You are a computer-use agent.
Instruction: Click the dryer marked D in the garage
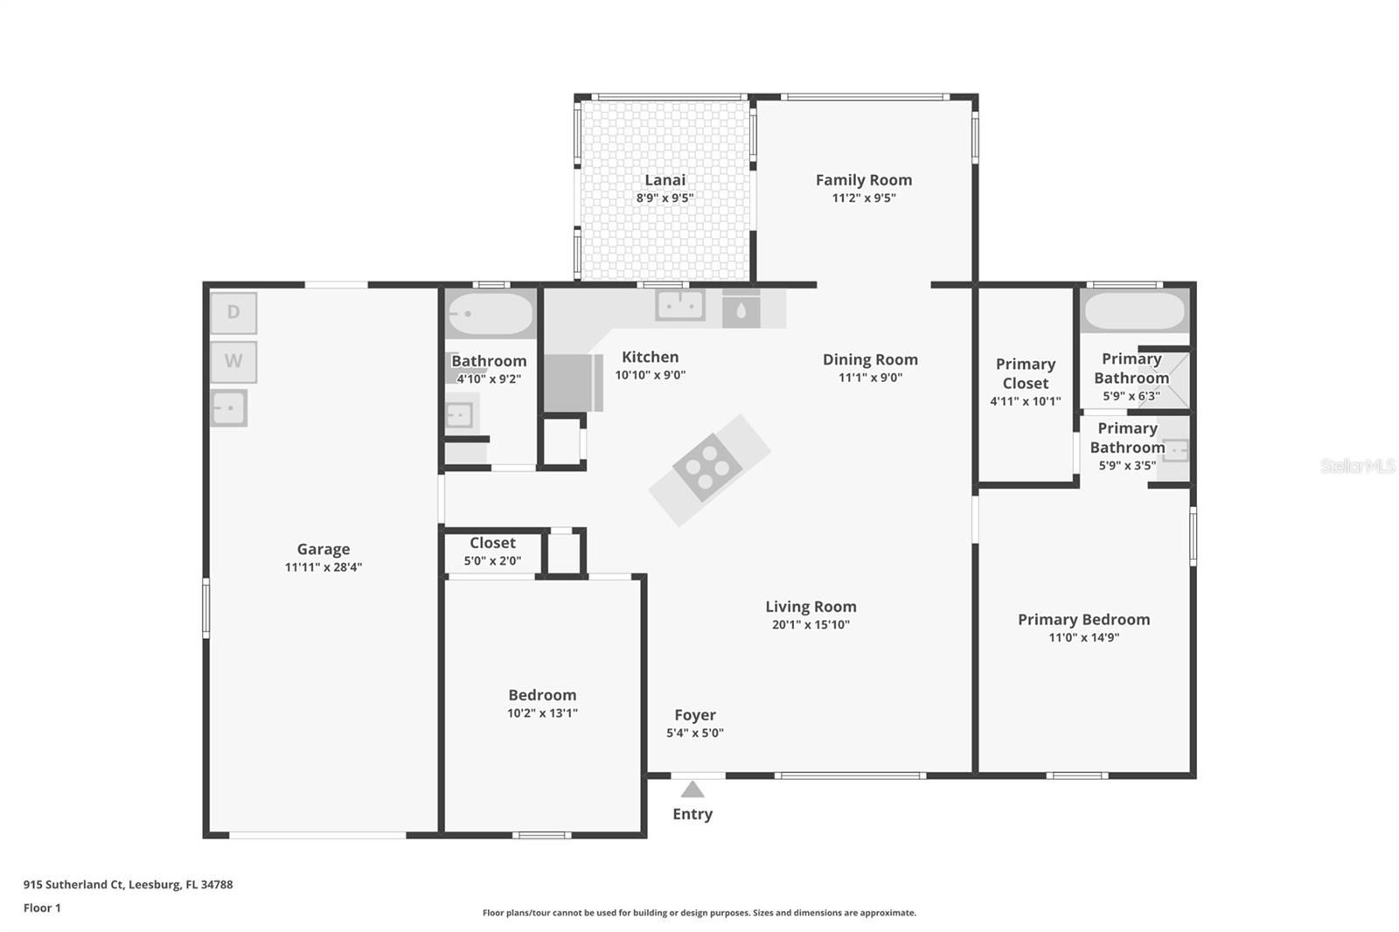coord(233,312)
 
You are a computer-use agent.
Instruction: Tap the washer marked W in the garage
coord(233,362)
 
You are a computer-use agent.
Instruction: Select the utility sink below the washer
coord(228,408)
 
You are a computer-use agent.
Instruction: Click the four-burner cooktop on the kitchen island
coord(707,467)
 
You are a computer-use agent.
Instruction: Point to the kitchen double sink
coord(680,305)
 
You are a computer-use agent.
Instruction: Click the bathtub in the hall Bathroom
coord(491,314)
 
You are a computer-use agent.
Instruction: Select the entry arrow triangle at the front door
coord(692,789)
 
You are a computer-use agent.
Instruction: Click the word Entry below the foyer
coord(692,814)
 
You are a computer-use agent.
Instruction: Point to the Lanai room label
coord(665,180)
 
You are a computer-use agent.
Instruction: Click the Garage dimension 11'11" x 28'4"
coord(324,567)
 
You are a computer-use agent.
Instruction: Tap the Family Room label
coord(864,180)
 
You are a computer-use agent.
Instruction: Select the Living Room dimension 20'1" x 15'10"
coord(811,624)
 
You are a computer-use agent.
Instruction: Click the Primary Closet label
coord(1026,373)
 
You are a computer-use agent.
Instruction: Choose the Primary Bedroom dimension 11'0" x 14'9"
coord(1083,637)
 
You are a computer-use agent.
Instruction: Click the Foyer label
coord(695,715)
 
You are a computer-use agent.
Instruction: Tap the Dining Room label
coord(870,360)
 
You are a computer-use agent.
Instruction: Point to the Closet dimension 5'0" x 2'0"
coord(492,561)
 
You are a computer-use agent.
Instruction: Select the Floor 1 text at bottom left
coord(42,908)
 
